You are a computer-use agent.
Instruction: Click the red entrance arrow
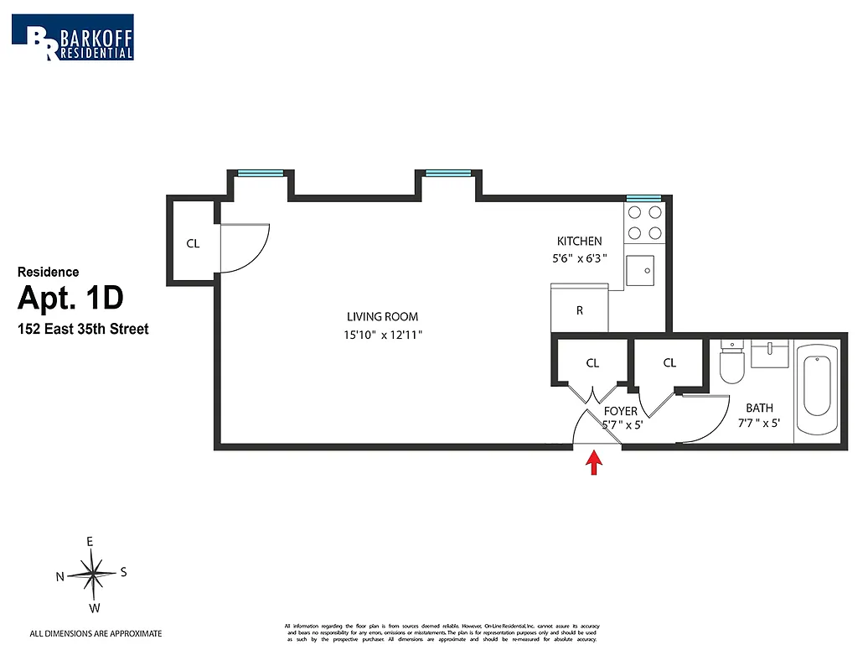(x=594, y=463)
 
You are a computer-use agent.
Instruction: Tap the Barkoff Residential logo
(x=72, y=37)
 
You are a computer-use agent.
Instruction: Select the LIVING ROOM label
(x=382, y=317)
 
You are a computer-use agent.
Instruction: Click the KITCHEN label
(x=580, y=242)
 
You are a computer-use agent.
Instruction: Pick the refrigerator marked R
(x=579, y=308)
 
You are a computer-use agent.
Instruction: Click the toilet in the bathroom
(x=732, y=362)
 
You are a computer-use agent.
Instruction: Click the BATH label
(x=759, y=408)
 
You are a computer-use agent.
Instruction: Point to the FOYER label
(x=621, y=412)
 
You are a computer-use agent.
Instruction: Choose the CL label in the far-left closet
(x=193, y=244)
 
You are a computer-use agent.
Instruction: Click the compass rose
(x=93, y=575)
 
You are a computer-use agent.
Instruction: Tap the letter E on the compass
(x=90, y=542)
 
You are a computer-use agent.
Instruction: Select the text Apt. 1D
(x=70, y=299)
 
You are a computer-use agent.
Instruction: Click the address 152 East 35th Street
(x=83, y=330)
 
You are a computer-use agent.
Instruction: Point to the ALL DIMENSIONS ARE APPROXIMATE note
(x=96, y=634)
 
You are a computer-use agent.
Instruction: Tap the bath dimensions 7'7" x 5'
(x=758, y=424)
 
